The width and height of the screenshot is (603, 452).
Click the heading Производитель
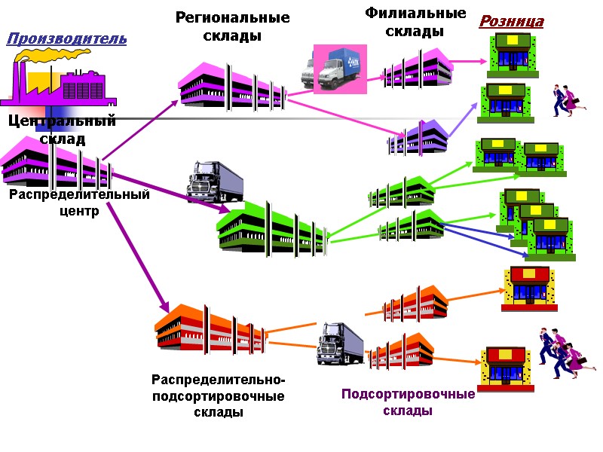[x=66, y=38]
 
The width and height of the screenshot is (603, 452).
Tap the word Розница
[x=511, y=21]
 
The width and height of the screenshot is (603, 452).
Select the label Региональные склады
[x=232, y=26]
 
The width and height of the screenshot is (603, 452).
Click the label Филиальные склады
[x=415, y=22]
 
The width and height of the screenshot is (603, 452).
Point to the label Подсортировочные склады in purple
[x=408, y=402]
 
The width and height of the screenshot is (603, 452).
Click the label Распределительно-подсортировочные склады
[x=218, y=395]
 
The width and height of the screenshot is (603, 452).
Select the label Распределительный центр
[x=79, y=203]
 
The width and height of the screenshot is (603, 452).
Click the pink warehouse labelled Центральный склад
[x=54, y=162]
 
